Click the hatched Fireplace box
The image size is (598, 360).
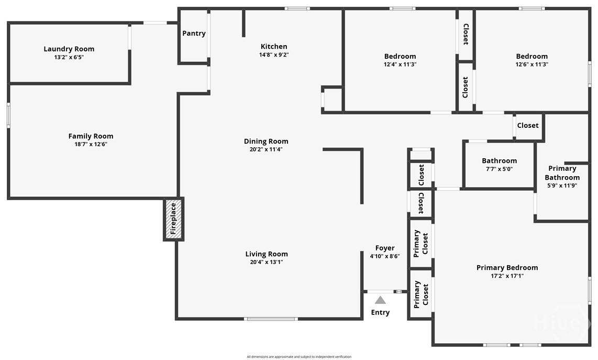tap(174, 219)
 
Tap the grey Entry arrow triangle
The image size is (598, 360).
tap(380, 300)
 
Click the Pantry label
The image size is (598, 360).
tap(194, 33)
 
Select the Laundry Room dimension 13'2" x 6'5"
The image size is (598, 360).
tap(69, 57)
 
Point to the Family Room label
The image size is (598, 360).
tap(91, 136)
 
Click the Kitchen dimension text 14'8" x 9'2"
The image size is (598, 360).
tap(274, 54)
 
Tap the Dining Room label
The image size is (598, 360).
tap(266, 141)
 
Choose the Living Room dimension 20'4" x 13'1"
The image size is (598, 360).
tap(267, 262)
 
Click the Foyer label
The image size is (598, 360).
tap(385, 248)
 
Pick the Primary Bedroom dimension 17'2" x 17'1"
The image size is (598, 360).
tap(507, 276)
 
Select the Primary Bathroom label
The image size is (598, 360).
tap(562, 173)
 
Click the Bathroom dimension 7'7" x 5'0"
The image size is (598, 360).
tap(499, 169)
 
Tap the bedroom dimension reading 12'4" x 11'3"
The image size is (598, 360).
tap(400, 64)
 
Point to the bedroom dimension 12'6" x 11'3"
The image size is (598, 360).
tap(532, 64)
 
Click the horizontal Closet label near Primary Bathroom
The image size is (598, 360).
tap(528, 125)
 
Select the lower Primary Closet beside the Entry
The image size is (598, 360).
tap(421, 294)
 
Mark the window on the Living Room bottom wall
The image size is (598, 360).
tap(271, 319)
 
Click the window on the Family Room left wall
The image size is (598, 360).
tap(8, 115)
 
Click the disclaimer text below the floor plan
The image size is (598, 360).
tap(299, 357)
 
